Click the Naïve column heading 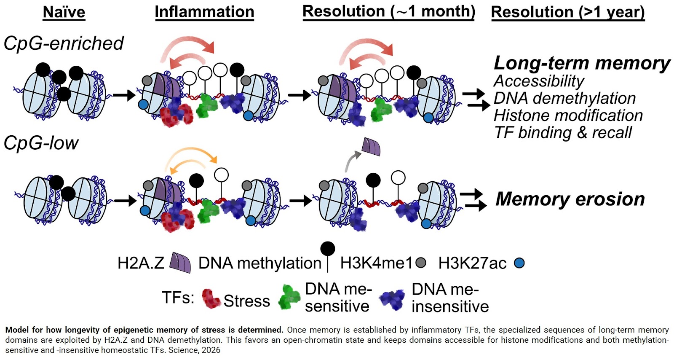pos(64,12)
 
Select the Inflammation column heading pos(204,12)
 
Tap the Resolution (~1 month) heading pos(388,11)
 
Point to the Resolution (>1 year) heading pos(567,12)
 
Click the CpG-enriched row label pos(64,43)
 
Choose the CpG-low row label pos(41,143)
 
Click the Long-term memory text pos(582,63)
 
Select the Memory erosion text pos(570,199)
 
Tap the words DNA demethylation pos(564,98)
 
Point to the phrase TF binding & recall pos(563,132)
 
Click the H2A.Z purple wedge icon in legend pos(180,263)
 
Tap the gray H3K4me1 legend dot pos(420,263)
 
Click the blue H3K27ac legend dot pos(519,263)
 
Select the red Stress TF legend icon pos(211,298)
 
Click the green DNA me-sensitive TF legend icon pos(289,297)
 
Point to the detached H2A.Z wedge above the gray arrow pos(372,146)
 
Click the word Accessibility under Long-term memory pos(538,81)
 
